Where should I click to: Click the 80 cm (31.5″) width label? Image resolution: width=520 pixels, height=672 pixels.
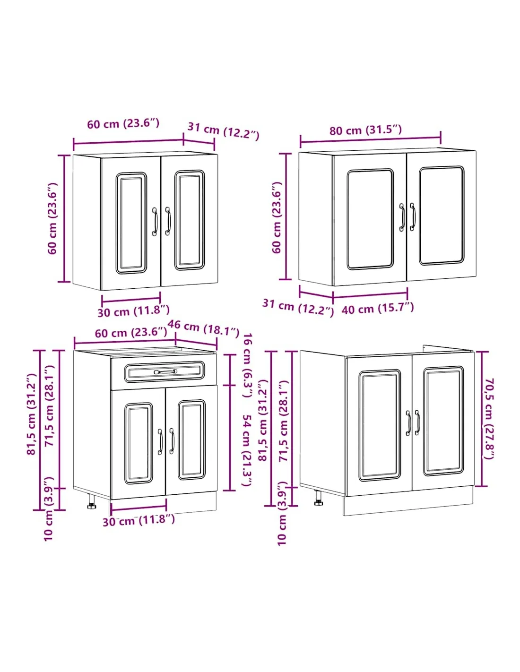(365, 130)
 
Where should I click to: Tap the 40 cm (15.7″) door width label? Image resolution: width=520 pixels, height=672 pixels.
(377, 308)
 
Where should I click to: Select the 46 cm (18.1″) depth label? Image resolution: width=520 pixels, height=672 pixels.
(203, 328)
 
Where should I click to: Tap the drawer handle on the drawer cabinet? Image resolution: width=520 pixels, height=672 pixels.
(165, 371)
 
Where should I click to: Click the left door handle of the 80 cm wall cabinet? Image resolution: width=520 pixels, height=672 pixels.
(402, 217)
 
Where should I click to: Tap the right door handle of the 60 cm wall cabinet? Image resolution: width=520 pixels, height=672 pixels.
(168, 221)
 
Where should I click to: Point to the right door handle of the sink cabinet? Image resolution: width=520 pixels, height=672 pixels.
(417, 422)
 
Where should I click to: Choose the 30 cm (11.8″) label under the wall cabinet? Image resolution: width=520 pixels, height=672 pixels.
(134, 311)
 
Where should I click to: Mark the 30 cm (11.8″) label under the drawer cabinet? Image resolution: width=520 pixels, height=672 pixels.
(139, 520)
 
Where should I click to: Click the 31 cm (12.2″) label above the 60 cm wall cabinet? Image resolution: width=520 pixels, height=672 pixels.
(223, 131)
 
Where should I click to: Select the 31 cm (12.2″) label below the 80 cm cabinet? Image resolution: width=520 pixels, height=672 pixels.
(298, 307)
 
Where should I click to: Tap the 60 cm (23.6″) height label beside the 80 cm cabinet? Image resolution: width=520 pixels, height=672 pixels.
(277, 217)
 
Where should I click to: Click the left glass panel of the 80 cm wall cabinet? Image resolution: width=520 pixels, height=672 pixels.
(370, 219)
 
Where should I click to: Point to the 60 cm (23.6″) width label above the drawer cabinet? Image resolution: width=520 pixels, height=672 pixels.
(131, 333)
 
